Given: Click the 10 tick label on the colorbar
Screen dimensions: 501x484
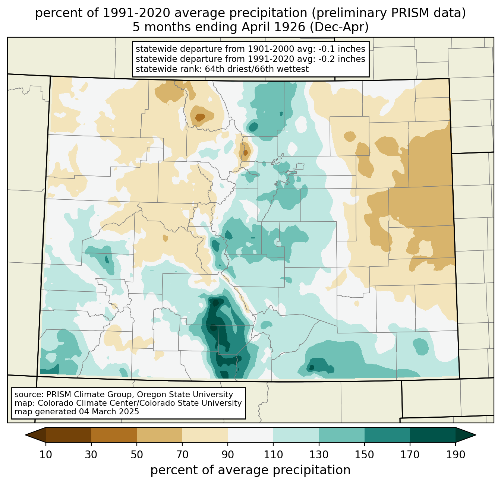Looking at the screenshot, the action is tap(45, 455).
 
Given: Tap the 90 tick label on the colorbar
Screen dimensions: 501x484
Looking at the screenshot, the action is tap(228, 455).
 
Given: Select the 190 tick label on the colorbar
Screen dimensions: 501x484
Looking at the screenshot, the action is tap(456, 455).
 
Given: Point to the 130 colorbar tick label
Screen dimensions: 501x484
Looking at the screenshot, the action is tap(319, 455).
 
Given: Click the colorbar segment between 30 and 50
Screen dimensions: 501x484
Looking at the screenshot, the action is tap(114, 435).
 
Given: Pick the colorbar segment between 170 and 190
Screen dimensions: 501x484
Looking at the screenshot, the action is tap(432, 435).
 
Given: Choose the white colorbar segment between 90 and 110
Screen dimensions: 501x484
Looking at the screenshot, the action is tap(250, 435).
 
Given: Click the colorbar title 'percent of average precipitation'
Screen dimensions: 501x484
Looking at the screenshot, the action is tap(250, 470).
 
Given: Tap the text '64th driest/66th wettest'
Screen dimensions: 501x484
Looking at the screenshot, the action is tap(257, 69).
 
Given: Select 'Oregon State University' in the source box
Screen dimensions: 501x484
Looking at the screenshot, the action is tap(185, 395).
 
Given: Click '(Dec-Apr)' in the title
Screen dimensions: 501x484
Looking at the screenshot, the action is tap(339, 27).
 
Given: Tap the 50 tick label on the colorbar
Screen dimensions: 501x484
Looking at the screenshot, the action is tap(137, 455).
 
